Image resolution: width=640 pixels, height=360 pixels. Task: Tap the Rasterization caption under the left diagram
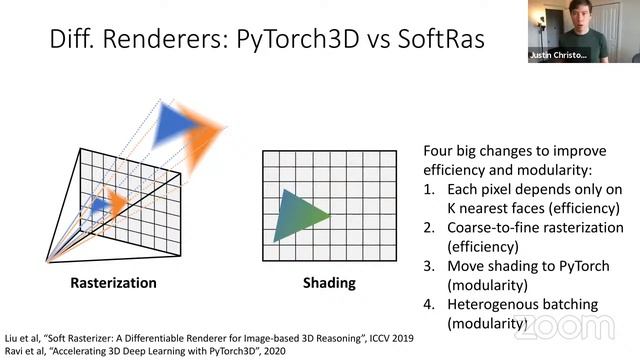(113, 283)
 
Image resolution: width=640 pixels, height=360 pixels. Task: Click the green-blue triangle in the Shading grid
(301, 214)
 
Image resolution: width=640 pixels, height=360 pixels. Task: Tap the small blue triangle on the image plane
(99, 205)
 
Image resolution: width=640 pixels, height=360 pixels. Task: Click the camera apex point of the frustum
(48, 262)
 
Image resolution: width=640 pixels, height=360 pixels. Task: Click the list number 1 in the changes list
(430, 190)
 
